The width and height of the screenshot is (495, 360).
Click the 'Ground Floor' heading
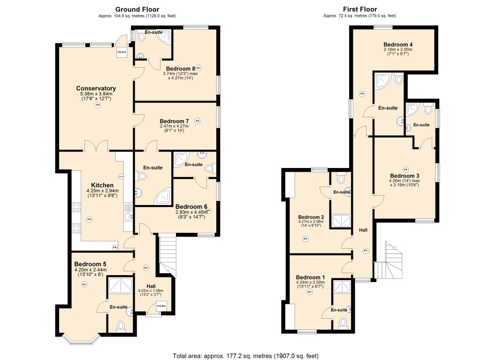click(137, 9)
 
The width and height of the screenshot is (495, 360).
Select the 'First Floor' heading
click(360, 9)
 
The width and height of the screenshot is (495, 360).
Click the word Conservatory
click(96, 88)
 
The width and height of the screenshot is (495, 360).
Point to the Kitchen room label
click(102, 185)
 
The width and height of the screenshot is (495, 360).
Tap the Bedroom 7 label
click(174, 121)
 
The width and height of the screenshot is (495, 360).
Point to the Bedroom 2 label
click(311, 217)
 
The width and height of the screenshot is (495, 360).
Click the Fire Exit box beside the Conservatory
click(122, 52)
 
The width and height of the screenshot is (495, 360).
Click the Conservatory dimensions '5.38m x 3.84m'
click(96, 94)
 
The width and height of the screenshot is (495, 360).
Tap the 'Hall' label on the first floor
click(363, 230)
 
